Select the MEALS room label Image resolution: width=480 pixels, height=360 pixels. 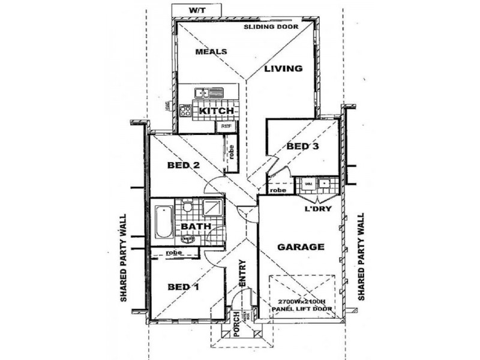click(211, 52)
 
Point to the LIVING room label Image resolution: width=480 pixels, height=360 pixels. click(284, 68)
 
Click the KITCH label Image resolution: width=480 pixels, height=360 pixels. click(216, 112)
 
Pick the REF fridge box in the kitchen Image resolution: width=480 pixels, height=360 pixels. click(226, 127)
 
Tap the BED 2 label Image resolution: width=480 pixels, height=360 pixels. click(184, 166)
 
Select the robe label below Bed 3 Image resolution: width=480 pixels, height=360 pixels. click(278, 190)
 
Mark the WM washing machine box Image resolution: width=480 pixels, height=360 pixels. click(308, 183)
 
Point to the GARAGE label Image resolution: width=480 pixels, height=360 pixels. click(302, 247)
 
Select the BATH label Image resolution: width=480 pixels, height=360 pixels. click(196, 226)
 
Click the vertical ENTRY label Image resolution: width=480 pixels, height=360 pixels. click(242, 273)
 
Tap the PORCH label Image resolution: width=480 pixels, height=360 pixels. click(236, 324)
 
